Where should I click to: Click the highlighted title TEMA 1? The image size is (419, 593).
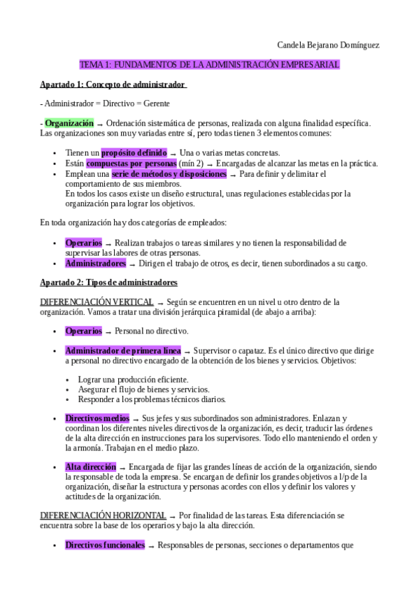tap(210, 64)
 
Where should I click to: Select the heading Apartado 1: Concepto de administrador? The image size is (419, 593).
tap(113, 85)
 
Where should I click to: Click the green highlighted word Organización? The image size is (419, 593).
tap(69, 123)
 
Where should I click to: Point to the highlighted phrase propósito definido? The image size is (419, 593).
tap(134, 152)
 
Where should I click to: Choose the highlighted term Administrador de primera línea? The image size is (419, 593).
tap(123, 350)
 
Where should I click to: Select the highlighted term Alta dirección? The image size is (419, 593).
tap(90, 466)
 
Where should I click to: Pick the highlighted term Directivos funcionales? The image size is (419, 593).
tap(105, 544)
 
